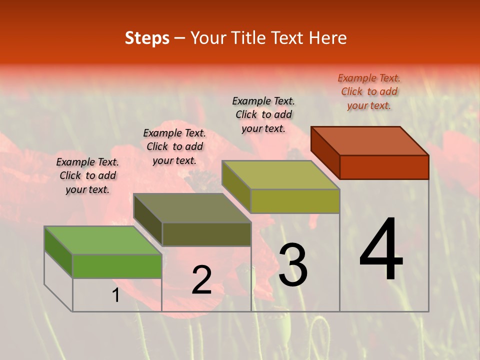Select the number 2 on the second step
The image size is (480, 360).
point(201,280)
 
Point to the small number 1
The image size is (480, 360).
point(116,295)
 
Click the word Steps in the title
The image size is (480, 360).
point(147,38)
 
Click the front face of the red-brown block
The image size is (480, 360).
point(384,167)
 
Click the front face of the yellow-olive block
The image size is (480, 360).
point(295,201)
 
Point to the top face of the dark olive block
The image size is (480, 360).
point(192,208)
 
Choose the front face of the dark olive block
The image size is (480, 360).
point(206,234)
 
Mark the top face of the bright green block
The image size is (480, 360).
point(103,240)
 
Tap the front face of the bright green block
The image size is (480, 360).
point(117,266)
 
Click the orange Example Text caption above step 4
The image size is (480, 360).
point(369,91)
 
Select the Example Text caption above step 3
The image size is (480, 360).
point(263,114)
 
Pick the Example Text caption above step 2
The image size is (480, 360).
point(174,146)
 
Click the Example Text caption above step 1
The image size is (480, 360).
point(87,175)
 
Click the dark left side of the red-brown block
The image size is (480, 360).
point(325,152)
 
